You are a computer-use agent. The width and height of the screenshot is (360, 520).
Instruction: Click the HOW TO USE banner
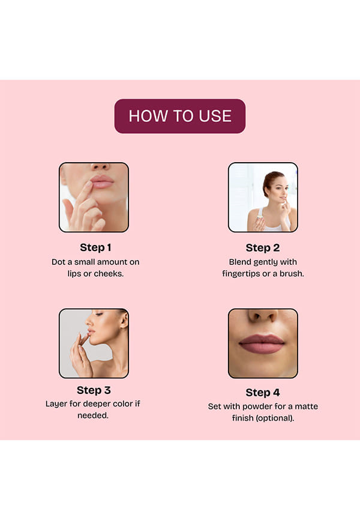(x=180, y=116)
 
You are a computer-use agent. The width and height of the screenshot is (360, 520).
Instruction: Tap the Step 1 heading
(x=95, y=247)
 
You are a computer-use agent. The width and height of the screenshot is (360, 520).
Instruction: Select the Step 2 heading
(x=263, y=248)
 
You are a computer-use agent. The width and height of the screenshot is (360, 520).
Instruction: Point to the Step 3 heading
(x=94, y=390)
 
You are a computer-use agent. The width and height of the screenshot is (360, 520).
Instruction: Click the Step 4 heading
(x=263, y=393)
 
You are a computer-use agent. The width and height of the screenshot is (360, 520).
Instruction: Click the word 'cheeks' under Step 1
(x=109, y=274)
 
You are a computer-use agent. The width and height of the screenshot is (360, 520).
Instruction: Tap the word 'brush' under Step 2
(x=292, y=274)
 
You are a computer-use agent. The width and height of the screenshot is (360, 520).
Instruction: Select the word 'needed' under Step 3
(x=93, y=416)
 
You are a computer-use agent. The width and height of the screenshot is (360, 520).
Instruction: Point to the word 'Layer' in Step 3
(x=56, y=404)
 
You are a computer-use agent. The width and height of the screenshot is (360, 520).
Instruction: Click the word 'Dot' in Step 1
(x=58, y=262)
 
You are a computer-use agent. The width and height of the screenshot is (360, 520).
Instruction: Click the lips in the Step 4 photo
(x=262, y=343)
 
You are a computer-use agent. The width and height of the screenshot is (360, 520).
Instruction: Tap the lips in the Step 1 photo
(x=102, y=182)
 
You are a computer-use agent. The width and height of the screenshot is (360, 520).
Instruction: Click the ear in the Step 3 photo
(x=124, y=320)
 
